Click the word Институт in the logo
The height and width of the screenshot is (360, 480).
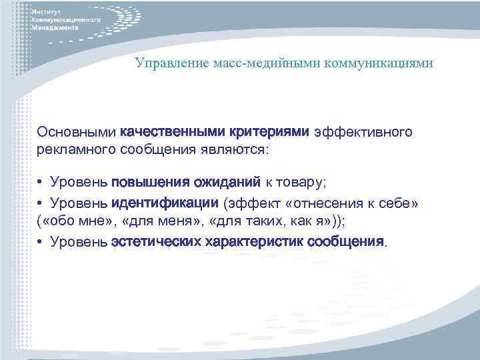tap(48, 12)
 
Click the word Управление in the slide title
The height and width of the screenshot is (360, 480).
tap(163, 63)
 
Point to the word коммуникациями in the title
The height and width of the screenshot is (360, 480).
tap(379, 63)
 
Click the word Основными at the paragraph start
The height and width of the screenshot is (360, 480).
tap(77, 133)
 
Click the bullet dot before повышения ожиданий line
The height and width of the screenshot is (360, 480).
tap(41, 183)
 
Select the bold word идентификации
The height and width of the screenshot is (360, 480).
tap(165, 202)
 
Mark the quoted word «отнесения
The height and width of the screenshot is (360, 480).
tap(322, 202)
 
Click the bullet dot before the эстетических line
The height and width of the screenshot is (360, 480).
tap(41, 241)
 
